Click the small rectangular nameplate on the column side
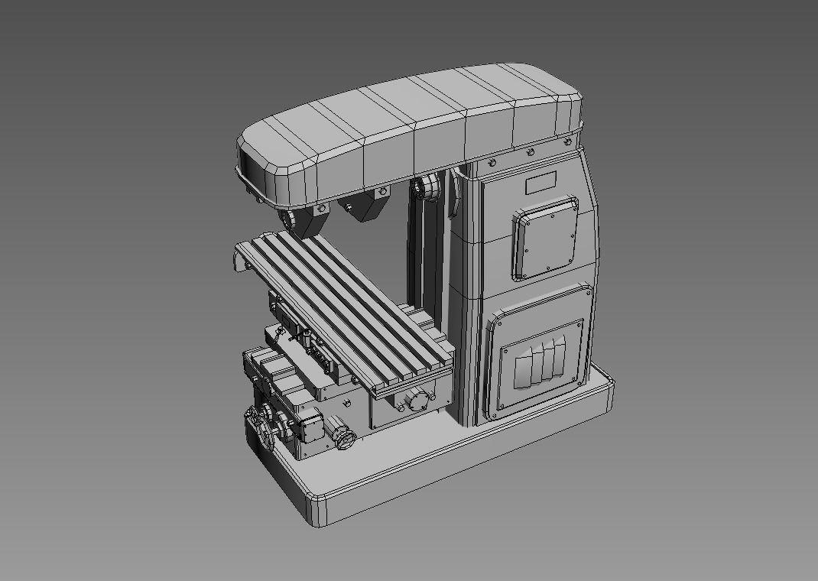coord(540,184)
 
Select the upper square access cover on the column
coord(546,238)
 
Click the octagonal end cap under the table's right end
coord(417,401)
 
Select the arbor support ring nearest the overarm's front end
coord(292,220)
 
